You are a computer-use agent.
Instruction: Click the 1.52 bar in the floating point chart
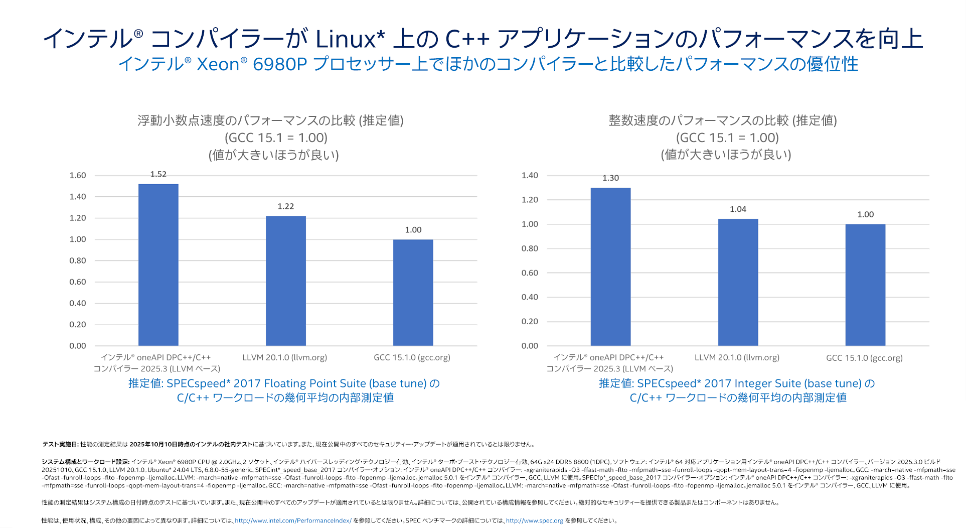[x=158, y=265]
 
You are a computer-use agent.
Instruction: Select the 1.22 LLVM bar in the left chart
[x=285, y=281]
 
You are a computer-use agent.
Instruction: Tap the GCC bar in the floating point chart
[x=413, y=293]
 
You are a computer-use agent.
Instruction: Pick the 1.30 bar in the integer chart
[x=610, y=267]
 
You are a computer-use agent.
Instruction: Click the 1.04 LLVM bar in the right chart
[x=738, y=282]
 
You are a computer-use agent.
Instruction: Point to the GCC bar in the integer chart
[x=865, y=285]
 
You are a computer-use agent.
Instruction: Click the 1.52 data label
[x=158, y=174]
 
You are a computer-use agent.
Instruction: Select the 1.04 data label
[x=738, y=209]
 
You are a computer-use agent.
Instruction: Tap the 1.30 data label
[x=610, y=178]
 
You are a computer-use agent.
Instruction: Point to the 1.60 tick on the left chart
[x=78, y=175]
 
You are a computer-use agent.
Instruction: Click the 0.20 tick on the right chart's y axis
[x=530, y=321]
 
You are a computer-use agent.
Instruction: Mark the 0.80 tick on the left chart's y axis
[x=78, y=260]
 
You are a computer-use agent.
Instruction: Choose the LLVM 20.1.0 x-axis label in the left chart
[x=284, y=357]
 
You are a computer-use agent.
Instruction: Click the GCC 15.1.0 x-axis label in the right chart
[x=864, y=358]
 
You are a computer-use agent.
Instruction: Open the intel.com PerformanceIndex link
[x=293, y=520]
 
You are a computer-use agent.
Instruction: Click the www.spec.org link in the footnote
[x=534, y=520]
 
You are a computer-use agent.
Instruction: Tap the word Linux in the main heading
[x=346, y=39]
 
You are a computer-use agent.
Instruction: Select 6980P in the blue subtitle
[x=279, y=64]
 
